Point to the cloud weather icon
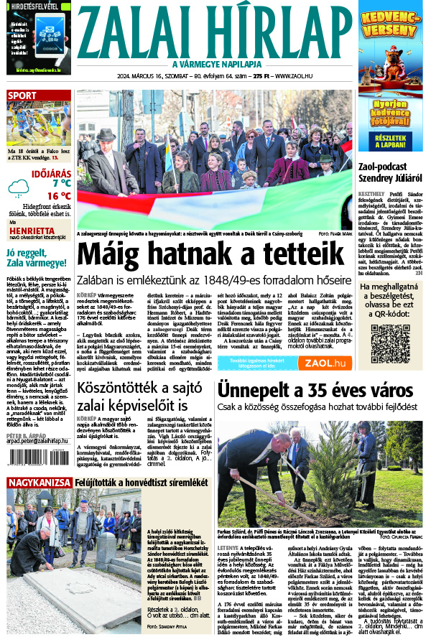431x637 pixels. click(x=19, y=188)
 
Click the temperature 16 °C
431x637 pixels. click(x=59, y=195)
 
